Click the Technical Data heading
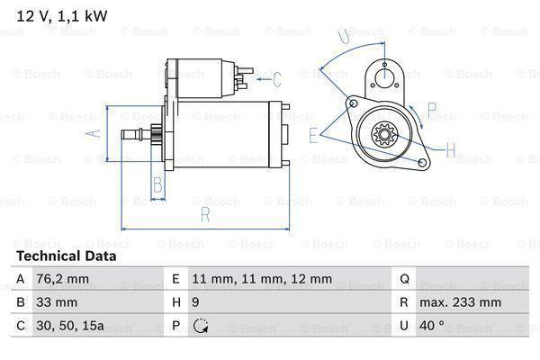point(65,256)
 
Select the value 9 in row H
point(195,303)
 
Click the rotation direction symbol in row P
point(199,326)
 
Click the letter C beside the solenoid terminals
point(277,79)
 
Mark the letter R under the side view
point(205,215)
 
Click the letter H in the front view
point(451,148)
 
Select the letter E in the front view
point(313,135)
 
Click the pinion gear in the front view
point(386,138)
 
